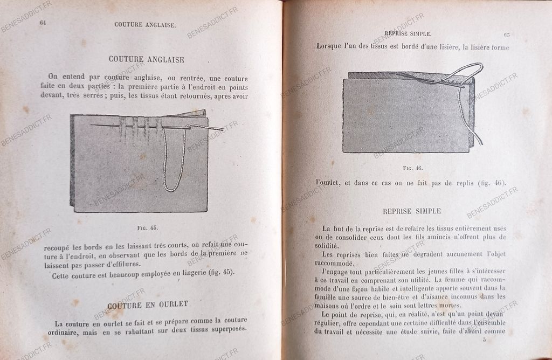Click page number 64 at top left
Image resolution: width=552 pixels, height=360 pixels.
(43, 23)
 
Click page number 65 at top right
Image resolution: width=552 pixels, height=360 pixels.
(507, 34)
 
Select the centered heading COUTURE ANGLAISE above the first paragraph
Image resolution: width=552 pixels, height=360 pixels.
(147, 59)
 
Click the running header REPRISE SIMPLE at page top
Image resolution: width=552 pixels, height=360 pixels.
(408, 33)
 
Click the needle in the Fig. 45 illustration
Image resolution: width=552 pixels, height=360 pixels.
(156, 127)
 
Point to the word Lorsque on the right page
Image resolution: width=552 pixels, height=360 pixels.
(329, 47)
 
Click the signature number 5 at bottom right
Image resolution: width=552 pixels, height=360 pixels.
(484, 339)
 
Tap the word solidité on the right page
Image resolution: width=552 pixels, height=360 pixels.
(330, 245)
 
